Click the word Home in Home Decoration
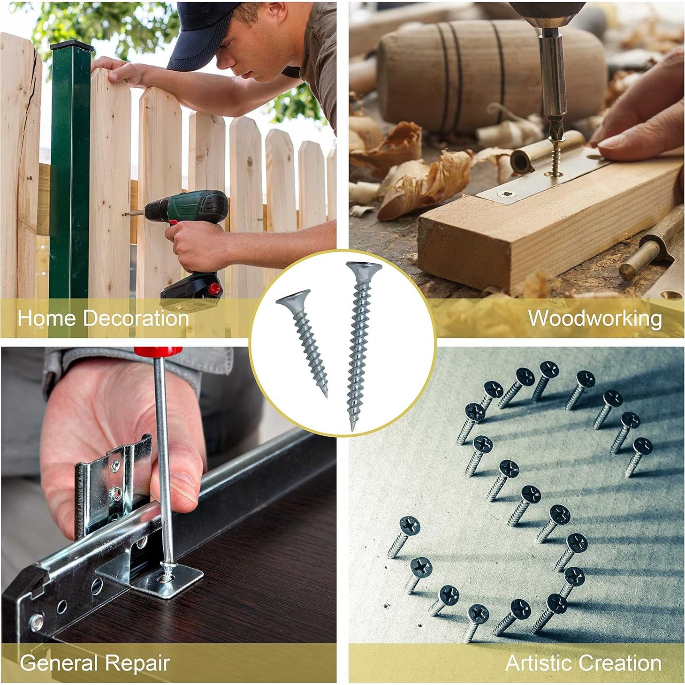(46, 319)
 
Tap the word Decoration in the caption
(136, 319)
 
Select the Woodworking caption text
(595, 319)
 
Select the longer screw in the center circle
(359, 342)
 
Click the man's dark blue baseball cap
(202, 33)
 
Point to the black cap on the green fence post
(72, 46)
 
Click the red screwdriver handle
(158, 351)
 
